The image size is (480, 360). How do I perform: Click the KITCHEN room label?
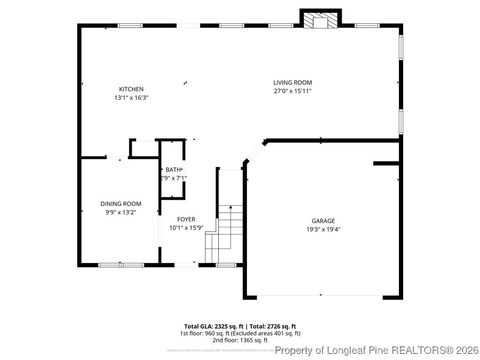(x=131, y=89)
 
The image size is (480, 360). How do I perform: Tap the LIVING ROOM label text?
(x=293, y=83)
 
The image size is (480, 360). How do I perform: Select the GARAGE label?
(x=322, y=221)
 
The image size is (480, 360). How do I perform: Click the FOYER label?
(x=186, y=219)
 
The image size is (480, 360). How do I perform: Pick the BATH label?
(x=174, y=170)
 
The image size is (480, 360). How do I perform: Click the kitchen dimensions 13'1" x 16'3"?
(x=131, y=98)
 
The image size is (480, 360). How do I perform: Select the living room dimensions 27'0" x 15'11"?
(x=293, y=92)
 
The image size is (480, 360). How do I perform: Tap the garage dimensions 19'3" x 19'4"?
(x=322, y=230)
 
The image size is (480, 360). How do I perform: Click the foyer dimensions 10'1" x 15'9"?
(x=186, y=228)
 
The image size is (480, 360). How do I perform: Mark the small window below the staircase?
(x=208, y=264)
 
